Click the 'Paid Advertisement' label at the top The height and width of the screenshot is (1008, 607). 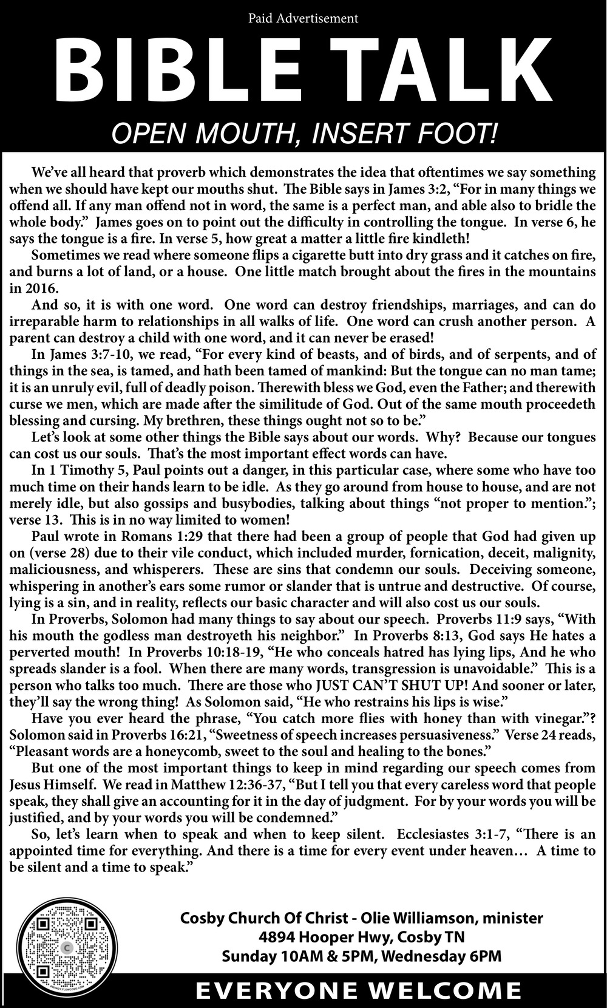[x=303, y=18]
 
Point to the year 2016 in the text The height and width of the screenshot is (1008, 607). [x=42, y=288]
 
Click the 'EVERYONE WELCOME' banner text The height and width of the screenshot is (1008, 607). [x=358, y=992]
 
